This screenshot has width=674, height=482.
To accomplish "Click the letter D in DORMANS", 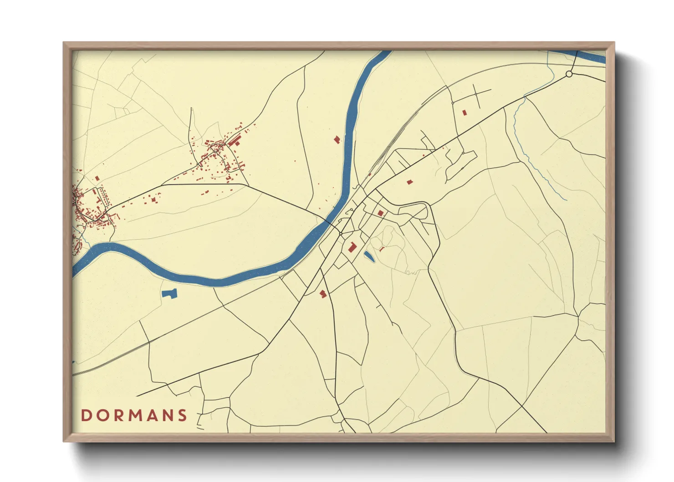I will (x=86, y=415).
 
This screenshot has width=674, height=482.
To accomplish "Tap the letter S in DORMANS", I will (x=183, y=415).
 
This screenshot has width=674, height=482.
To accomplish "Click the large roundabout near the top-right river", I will (x=569, y=74).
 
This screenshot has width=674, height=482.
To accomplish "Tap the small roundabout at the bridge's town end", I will (x=341, y=234).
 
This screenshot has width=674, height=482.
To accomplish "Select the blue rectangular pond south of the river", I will (x=169, y=294).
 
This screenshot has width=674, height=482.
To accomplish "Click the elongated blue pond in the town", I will (x=369, y=256).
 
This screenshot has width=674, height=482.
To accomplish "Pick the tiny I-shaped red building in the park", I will (x=382, y=249).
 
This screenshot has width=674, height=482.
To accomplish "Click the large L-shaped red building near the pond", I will (x=352, y=247).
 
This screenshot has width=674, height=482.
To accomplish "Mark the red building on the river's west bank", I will (x=337, y=139).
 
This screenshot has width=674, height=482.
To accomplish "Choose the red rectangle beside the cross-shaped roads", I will (x=465, y=112).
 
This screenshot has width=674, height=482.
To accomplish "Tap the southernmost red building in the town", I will (x=323, y=294).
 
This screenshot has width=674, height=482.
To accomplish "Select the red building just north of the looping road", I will (x=380, y=213).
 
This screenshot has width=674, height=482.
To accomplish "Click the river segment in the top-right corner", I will (x=592, y=56).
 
